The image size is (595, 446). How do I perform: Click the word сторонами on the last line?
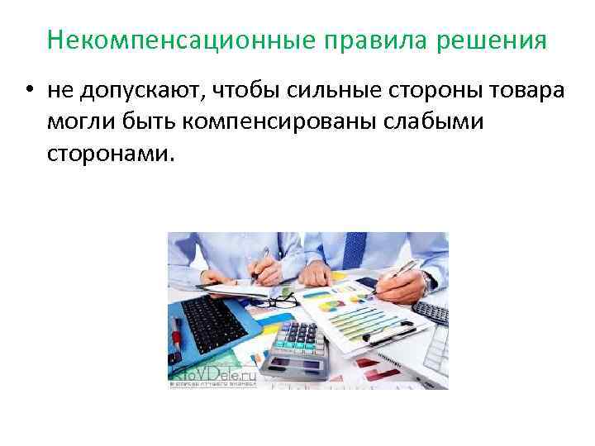(112, 152)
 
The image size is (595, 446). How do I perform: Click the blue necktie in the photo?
(354, 249)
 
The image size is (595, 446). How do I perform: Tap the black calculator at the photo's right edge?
(431, 312)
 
